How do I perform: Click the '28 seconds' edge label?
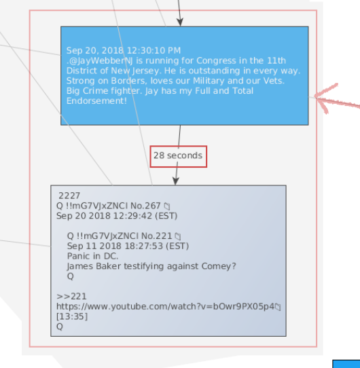pos(178,155)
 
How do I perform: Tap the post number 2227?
pos(69,196)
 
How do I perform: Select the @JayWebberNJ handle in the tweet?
pos(101,61)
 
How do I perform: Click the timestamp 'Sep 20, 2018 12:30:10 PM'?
pos(124,51)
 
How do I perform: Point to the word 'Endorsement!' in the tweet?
pos(96,101)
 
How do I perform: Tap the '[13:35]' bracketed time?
pos(72,316)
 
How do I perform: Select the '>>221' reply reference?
pos(71,297)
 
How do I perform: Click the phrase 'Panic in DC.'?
pos(93,256)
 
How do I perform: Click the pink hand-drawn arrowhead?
pos(327,98)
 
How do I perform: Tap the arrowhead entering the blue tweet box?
pos(180,22)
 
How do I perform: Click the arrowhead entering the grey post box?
pos(176,181)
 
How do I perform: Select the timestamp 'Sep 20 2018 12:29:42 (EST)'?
pos(117,216)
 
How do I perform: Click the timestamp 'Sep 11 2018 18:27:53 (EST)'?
pos(128,246)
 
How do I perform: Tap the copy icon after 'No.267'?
pos(167,206)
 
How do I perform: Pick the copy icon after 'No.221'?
pos(178,236)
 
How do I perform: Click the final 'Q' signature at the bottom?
pos(60,327)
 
